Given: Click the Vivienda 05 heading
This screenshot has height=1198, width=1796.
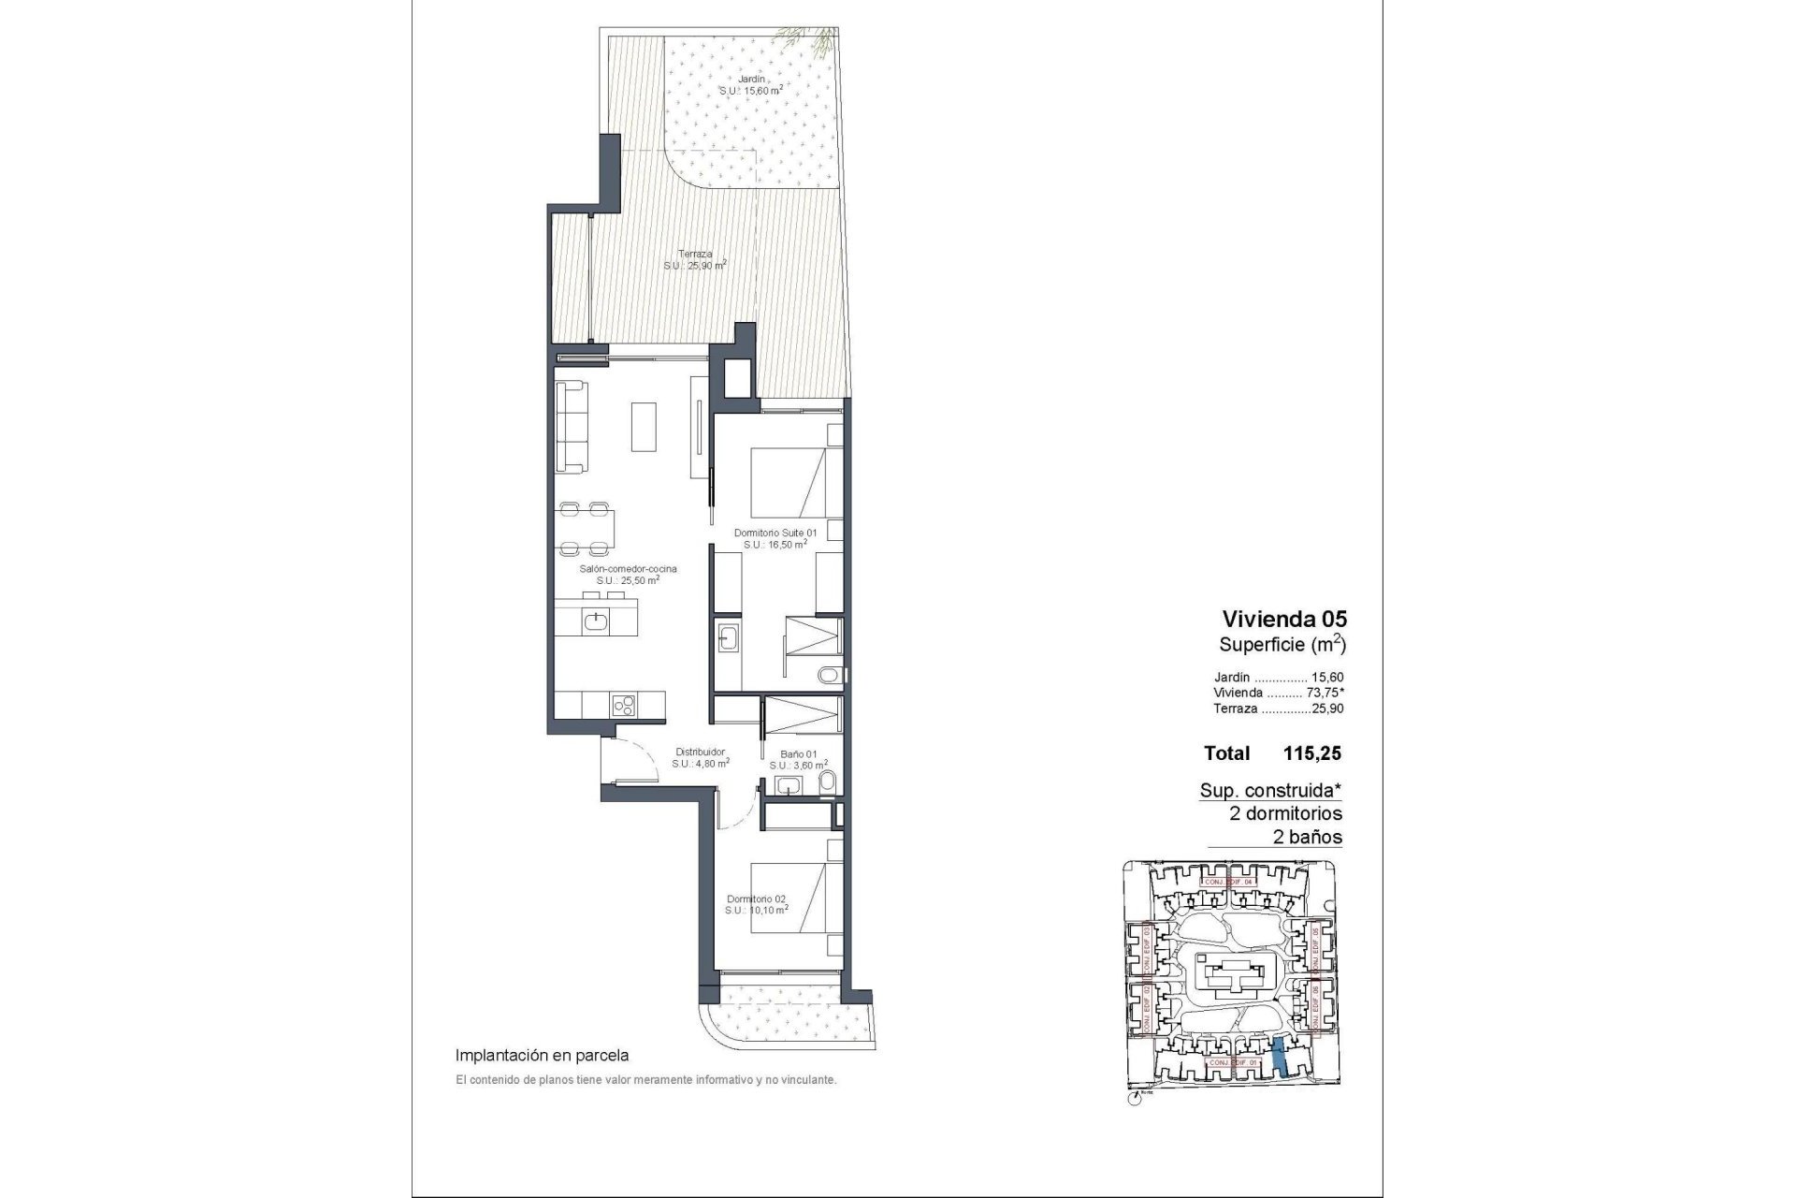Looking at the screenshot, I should [1284, 619].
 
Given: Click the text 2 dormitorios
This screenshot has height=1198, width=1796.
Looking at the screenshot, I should [1285, 813].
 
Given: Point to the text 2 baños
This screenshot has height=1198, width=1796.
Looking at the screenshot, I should [1308, 837].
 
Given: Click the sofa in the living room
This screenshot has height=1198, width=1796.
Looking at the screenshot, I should [572, 427].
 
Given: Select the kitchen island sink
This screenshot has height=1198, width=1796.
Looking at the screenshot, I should [596, 620].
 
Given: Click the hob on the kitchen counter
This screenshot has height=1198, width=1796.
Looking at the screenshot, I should [624, 705].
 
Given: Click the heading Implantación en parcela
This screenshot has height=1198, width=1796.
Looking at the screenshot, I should [542, 1055].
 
